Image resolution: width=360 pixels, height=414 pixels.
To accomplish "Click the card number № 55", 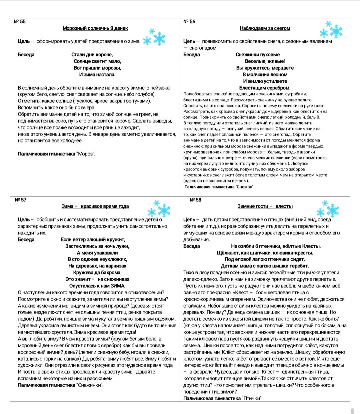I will [20, 22].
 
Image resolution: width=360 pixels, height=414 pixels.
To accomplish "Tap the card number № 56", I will [189, 22].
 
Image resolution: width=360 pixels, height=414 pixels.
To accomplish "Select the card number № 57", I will [21, 200].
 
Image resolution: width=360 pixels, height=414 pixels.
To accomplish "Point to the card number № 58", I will [195, 200].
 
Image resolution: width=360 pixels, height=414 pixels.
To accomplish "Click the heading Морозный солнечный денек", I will [95, 28].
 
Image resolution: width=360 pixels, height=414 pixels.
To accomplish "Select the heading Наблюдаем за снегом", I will [265, 28].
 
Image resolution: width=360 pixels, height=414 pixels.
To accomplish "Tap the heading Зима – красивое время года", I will [95, 206].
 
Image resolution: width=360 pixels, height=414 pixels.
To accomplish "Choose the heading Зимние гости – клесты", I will [265, 206].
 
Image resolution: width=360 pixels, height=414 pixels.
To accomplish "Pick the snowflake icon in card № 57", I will [159, 209].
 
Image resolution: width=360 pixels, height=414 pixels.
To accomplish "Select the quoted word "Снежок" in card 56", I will [245, 187].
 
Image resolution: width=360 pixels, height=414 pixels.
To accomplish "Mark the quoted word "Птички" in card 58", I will [252, 398].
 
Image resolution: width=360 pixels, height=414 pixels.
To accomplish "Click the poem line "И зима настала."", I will [97, 74].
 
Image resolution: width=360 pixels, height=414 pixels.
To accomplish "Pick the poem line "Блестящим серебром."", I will [265, 88].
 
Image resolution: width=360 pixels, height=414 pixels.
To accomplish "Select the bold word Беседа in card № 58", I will [192, 246].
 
